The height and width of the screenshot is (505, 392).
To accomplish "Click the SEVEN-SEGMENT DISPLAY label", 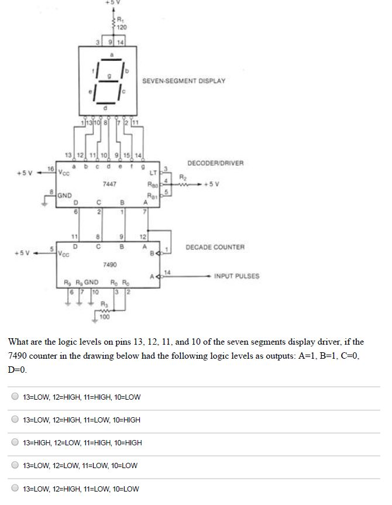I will [x=183, y=81].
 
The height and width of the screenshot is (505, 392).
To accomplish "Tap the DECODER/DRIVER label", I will [x=215, y=163].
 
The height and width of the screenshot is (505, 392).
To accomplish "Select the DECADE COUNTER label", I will [x=215, y=248].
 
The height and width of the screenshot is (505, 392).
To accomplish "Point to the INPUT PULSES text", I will [x=236, y=276].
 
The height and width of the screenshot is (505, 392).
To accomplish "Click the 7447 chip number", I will [x=109, y=184].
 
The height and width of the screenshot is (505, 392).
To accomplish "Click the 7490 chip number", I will [x=109, y=264].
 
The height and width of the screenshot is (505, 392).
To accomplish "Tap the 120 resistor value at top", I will [x=122, y=28].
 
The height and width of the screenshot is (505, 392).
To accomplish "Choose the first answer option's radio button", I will [x=15, y=397].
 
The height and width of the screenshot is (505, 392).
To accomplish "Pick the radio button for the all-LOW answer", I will [x=15, y=466].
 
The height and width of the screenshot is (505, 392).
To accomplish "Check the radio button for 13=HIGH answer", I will [x=15, y=443].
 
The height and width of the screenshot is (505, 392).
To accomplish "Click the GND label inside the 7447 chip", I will [x=64, y=195].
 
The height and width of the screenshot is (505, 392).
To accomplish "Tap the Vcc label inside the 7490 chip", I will [x=64, y=255].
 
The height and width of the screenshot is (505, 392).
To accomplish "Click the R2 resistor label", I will [x=183, y=176].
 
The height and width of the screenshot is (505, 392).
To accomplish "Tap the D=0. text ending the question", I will [x=18, y=370].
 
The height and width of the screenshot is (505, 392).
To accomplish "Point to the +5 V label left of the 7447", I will [x=25, y=173].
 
